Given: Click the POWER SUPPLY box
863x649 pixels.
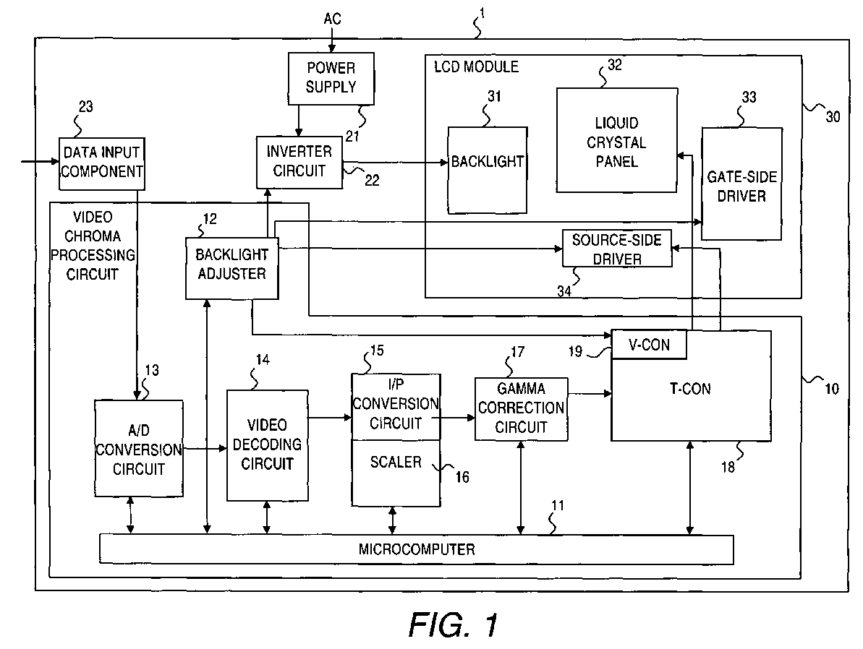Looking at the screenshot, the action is click(331, 79).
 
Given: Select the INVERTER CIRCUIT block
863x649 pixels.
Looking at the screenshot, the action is click(299, 162).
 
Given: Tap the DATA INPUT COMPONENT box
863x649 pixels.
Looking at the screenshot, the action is click(102, 164).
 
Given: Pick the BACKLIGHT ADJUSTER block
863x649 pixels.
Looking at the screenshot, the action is click(231, 268).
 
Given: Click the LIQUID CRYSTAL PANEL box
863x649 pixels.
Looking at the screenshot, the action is click(616, 140).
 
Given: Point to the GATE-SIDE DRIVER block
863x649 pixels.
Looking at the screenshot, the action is click(741, 184).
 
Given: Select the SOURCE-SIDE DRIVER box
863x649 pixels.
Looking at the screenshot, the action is click(617, 249).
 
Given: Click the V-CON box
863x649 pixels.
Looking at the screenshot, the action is click(649, 345).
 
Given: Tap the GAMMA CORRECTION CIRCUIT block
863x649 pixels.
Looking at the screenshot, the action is click(522, 408).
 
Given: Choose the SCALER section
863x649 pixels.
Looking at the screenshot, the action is click(396, 473).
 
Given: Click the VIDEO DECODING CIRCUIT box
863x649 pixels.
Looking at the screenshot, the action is click(268, 445).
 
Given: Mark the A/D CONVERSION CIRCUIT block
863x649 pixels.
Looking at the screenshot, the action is click(139, 449).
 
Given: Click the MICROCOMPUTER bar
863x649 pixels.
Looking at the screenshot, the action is click(416, 549).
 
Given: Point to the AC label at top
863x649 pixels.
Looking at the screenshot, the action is click(333, 20).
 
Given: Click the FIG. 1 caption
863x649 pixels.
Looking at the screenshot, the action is click(454, 624).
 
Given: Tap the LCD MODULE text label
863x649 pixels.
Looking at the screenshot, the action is click(477, 67).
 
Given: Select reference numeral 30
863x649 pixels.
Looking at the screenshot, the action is click(833, 116).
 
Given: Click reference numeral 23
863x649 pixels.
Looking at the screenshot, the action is click(86, 107).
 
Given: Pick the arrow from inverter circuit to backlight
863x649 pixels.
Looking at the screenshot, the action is click(395, 163).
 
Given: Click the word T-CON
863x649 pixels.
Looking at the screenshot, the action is click(690, 390).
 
